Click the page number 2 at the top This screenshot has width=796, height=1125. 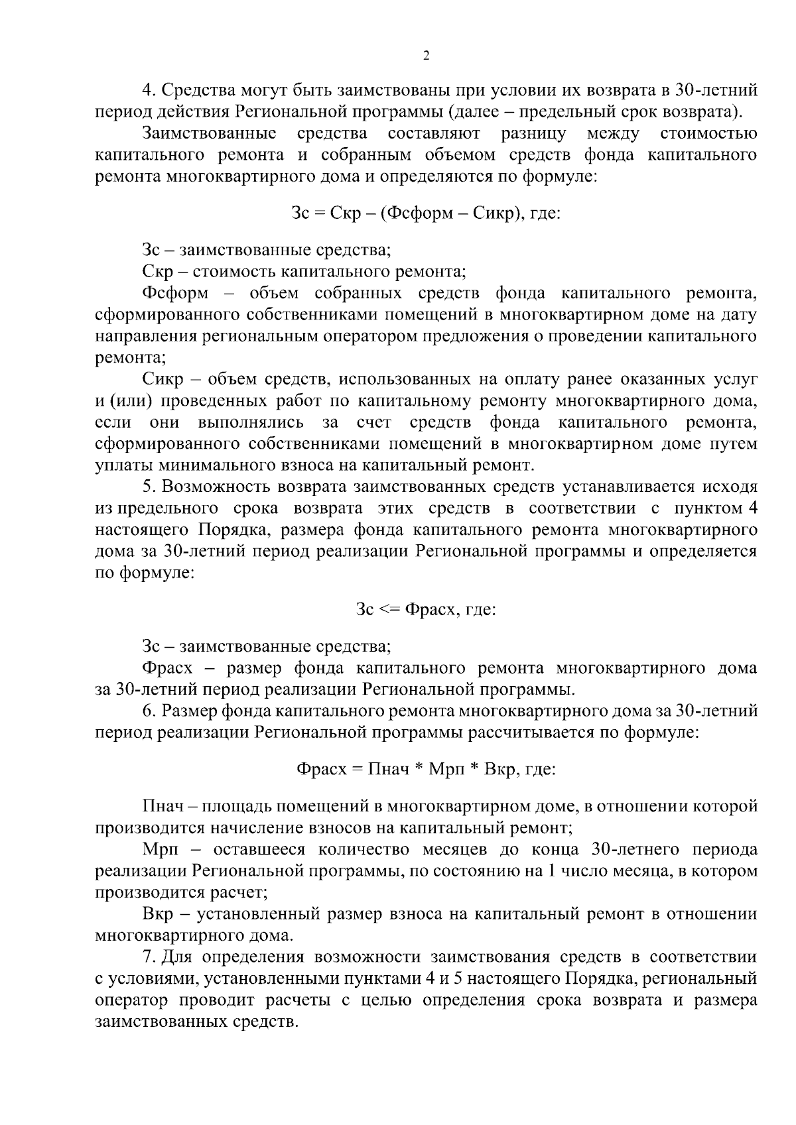coord(426,56)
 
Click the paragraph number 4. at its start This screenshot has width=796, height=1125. coord(149,89)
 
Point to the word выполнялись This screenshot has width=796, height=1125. coord(251,422)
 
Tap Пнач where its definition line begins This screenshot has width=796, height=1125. coord(163,807)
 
